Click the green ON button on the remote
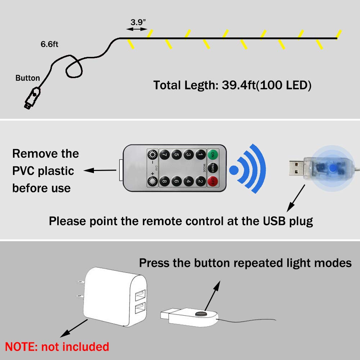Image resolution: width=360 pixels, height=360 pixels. [x=212, y=155]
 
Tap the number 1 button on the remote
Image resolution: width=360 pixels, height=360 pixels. [x=200, y=155]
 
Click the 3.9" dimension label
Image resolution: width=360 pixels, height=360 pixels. [x=139, y=21]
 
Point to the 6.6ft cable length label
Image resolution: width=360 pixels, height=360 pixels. [x=49, y=44]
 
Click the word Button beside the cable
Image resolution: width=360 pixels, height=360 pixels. [x=28, y=78]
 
